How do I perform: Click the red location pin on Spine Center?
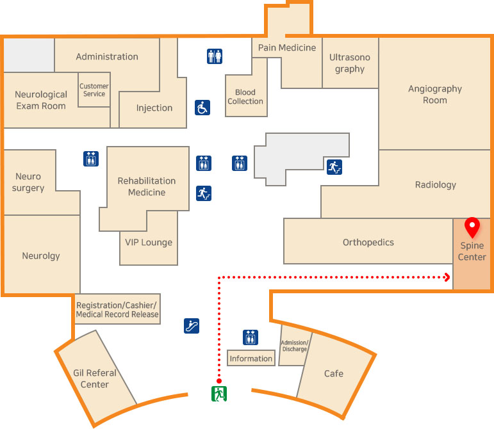(x=472, y=227)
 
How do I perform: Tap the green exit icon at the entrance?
(x=219, y=393)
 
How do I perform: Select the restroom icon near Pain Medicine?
(x=215, y=56)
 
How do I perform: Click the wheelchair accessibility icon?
(x=202, y=107)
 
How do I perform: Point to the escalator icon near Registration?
(x=191, y=325)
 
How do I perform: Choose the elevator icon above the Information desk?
(x=251, y=337)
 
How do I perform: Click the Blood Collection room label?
(x=245, y=97)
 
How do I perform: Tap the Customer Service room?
(x=94, y=90)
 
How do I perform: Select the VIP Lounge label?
(x=149, y=242)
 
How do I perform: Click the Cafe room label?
(x=333, y=373)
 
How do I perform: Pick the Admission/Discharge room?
(x=294, y=346)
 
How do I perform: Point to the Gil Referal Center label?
(x=95, y=378)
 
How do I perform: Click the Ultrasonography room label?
(x=349, y=63)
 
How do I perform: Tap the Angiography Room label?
(x=434, y=94)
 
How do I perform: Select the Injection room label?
(x=154, y=108)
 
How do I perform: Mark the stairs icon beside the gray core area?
(x=334, y=167)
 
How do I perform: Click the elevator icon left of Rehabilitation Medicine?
(x=90, y=159)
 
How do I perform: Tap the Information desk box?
(x=251, y=359)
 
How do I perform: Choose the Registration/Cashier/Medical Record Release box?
(x=117, y=309)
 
